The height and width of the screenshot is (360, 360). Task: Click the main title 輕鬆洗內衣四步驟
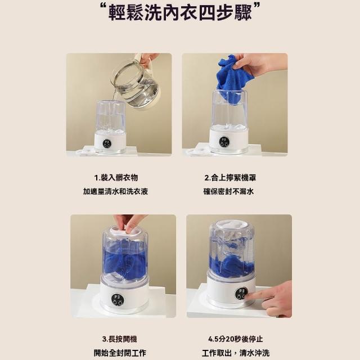(180, 12)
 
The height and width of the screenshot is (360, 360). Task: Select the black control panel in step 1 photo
(107, 143)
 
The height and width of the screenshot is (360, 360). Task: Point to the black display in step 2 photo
(224, 141)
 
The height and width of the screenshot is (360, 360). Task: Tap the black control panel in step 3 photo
(117, 300)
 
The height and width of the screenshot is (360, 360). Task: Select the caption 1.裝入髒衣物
(116, 178)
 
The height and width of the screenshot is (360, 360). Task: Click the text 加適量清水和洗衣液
(115, 191)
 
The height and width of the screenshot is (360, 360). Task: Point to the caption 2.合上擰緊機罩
(230, 178)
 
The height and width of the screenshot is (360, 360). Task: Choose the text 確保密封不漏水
(229, 191)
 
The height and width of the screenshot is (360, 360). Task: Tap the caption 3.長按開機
(120, 339)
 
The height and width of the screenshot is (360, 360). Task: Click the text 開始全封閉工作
(120, 353)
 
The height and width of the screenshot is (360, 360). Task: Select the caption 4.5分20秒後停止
(236, 339)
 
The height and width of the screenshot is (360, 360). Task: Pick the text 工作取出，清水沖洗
(236, 353)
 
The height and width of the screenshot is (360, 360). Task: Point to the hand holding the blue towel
(259, 64)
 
